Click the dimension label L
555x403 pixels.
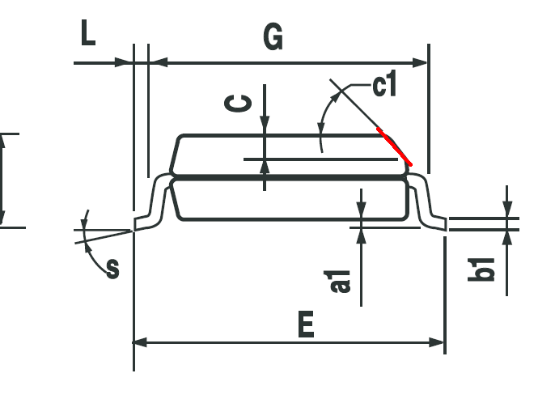click(x=88, y=32)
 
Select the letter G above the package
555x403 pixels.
click(x=273, y=36)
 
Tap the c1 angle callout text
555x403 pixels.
click(x=384, y=83)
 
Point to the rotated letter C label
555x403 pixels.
click(x=238, y=103)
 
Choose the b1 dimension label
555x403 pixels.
click(x=481, y=269)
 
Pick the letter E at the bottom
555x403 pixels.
click(x=306, y=324)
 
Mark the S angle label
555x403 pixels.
click(x=113, y=269)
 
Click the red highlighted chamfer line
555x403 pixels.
click(x=394, y=146)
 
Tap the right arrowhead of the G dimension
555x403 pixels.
click(x=421, y=63)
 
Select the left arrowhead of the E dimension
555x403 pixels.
click(x=140, y=342)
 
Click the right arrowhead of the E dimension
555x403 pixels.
click(x=436, y=342)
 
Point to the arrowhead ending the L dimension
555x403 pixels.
click(x=125, y=63)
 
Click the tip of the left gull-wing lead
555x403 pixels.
click(x=134, y=225)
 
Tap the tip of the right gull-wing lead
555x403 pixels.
click(x=446, y=224)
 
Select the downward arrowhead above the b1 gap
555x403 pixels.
click(x=507, y=209)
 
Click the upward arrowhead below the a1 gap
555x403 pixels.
click(x=361, y=235)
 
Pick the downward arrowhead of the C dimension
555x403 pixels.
click(x=265, y=125)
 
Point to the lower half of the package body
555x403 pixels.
click(x=289, y=200)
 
